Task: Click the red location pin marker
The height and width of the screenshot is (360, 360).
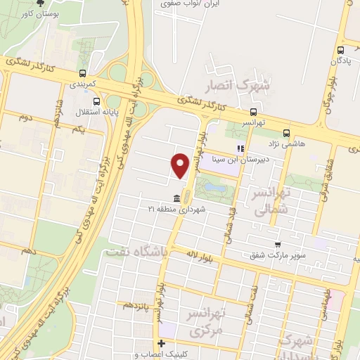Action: coord(181,165)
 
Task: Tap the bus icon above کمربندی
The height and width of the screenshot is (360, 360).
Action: coord(83,72)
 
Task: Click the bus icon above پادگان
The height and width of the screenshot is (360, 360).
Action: coord(340,50)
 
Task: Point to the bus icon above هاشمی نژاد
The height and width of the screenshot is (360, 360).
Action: coord(286,132)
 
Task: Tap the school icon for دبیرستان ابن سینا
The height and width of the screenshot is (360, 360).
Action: coord(240,149)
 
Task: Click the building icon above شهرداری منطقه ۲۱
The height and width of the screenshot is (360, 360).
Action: coord(175,198)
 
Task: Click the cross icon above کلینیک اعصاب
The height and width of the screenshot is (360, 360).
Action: coord(162,344)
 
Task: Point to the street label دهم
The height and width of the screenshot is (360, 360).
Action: coord(28,250)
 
